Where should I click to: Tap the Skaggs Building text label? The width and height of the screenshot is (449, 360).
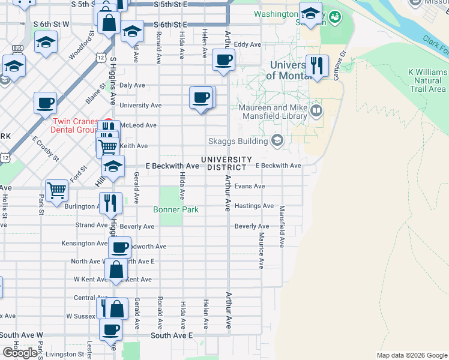click(237, 141)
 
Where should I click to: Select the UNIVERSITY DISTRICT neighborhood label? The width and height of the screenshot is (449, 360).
click(226, 163)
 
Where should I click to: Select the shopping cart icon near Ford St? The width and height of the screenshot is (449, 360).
click(56, 190)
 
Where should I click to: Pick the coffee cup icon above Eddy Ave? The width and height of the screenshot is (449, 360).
click(223, 59)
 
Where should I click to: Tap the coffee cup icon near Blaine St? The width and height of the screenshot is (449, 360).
click(45, 103)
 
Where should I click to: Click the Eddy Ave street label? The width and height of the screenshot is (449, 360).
click(247, 44)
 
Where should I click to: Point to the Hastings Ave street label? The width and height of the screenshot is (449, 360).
click(254, 206)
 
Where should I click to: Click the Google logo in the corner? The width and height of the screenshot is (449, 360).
click(20, 353)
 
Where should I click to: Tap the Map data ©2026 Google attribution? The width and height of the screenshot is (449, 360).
click(411, 355)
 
